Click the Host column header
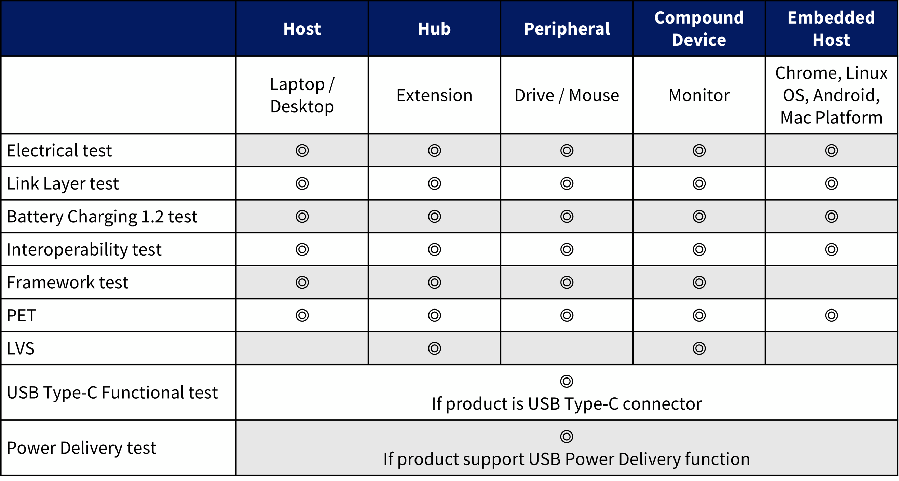tap(302, 29)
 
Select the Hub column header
tap(434, 29)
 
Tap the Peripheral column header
tap(567, 29)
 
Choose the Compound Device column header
tap(699, 29)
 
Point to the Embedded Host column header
tap(831, 29)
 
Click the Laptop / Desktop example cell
tap(302, 95)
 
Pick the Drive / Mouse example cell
tap(567, 95)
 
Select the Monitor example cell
tap(699, 95)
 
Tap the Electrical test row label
tap(59, 151)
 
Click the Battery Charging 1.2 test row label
tap(102, 217)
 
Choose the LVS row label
tap(21, 348)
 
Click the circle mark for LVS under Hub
tap(434, 348)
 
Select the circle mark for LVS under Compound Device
tap(699, 348)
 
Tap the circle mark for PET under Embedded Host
tap(831, 315)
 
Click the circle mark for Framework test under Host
tap(302, 282)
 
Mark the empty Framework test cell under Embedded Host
tap(831, 282)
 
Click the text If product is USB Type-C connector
tap(567, 404)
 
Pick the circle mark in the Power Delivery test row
tap(567, 436)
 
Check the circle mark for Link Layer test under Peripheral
tap(567, 183)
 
